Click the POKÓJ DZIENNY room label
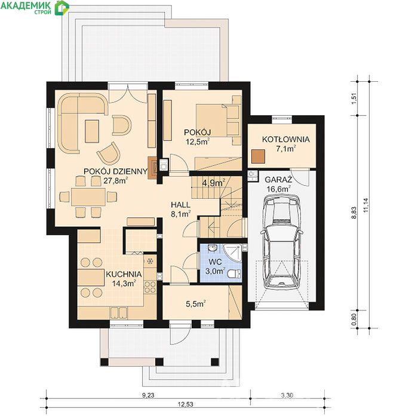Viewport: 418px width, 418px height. (x=116, y=171)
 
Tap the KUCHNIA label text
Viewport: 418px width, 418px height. (x=124, y=274)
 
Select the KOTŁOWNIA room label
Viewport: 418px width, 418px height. (x=286, y=139)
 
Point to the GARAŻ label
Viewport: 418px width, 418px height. (x=278, y=179)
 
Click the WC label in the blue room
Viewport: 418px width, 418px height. (x=215, y=262)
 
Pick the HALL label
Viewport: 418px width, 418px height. (x=180, y=205)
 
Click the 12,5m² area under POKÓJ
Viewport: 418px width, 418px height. (x=197, y=142)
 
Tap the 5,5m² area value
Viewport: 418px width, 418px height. (x=196, y=304)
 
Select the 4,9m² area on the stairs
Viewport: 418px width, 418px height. (x=214, y=183)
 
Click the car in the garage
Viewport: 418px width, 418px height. (x=282, y=241)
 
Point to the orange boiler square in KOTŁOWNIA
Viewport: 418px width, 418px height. (x=259, y=156)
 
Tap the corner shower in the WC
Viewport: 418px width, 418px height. (x=232, y=253)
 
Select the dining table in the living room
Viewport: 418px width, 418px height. (x=88, y=197)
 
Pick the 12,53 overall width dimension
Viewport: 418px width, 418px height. (x=186, y=404)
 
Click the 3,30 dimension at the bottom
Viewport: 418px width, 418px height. (x=287, y=395)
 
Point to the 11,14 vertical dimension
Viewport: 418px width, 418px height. (x=365, y=205)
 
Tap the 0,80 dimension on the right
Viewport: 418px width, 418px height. (x=354, y=319)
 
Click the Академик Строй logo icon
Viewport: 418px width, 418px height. (x=62, y=7)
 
